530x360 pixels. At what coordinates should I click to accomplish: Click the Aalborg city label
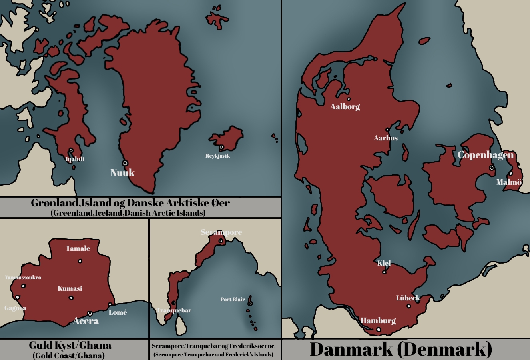point(345,107)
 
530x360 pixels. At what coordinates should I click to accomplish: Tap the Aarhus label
point(386,138)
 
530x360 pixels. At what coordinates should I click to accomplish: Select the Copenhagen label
point(486,155)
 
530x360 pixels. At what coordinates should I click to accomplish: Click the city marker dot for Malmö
point(510,174)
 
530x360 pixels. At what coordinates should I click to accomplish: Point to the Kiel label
point(384,263)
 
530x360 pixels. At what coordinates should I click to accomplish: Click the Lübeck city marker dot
point(408,306)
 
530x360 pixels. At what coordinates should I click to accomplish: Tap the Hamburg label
point(378,320)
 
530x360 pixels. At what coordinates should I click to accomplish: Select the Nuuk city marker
point(125,163)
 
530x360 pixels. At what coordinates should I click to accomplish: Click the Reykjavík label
point(217,156)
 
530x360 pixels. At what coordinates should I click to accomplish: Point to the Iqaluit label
point(75,159)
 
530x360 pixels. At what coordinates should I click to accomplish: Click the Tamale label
point(78,248)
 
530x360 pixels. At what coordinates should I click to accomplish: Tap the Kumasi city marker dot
point(71,298)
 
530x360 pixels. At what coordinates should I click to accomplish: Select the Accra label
point(86,321)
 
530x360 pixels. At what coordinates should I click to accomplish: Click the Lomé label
point(118,312)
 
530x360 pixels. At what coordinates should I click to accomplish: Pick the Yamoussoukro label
point(23,277)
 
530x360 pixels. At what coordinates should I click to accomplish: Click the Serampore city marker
point(220,241)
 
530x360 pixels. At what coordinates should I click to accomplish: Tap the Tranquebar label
point(174,310)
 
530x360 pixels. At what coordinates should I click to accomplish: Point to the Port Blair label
point(233,299)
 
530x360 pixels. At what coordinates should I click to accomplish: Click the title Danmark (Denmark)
point(401,349)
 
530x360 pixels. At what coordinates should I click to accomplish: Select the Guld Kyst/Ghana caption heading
point(70,345)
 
